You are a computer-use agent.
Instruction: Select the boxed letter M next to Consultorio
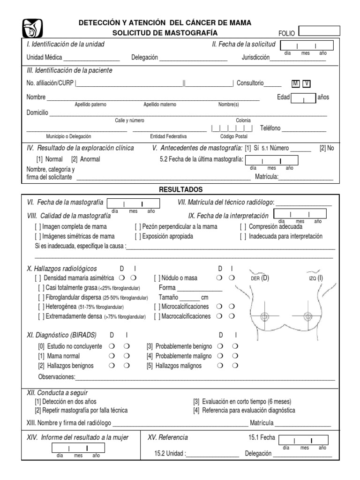[x=295, y=83]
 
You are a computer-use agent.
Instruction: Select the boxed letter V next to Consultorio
[x=306, y=83]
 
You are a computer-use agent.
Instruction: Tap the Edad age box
[x=303, y=98]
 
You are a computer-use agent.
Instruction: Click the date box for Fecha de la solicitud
[x=307, y=45]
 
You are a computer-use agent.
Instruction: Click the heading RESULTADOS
[x=180, y=189]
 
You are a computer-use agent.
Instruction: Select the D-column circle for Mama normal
[x=112, y=356]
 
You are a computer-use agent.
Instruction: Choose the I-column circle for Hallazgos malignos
[x=235, y=366]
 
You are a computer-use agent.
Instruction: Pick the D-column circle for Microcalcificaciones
[x=219, y=307]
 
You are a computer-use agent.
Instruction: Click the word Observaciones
[x=56, y=377]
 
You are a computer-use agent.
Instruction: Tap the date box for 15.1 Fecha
[x=303, y=440]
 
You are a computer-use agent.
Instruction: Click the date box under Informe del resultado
[x=77, y=448]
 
